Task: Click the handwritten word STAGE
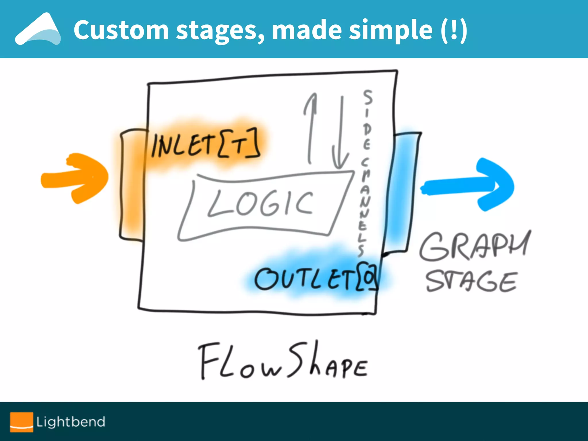[x=471, y=281]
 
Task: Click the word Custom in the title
[x=121, y=30]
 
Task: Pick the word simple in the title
[x=390, y=30]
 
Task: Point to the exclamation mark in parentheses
[x=454, y=30]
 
